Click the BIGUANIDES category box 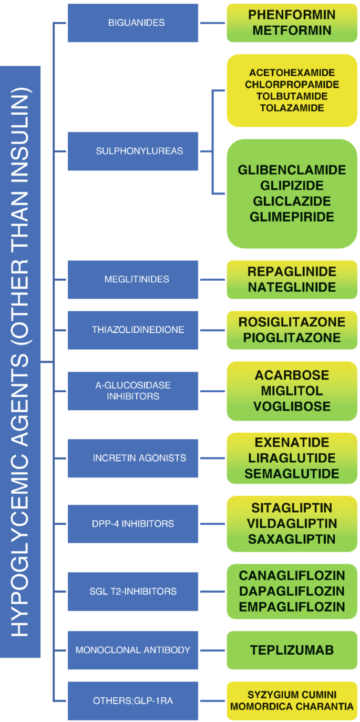click(x=133, y=23)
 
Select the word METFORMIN click(x=292, y=30)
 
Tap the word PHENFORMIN click(x=292, y=15)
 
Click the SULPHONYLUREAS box click(x=133, y=151)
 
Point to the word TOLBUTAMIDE click(x=292, y=96)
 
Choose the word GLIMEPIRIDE click(x=292, y=217)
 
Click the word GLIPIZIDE click(x=292, y=186)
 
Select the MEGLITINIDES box click(x=133, y=279)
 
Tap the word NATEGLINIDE click(x=292, y=287)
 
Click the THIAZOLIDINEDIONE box click(x=133, y=330)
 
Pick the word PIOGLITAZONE click(x=292, y=338)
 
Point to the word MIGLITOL click(x=292, y=391)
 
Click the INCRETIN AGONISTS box click(x=133, y=458)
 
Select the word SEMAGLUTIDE click(x=292, y=473)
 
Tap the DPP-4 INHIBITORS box click(x=133, y=524)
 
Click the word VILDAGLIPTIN click(x=292, y=524)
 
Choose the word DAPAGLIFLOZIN click(x=292, y=591)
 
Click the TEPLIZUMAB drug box click(x=292, y=650)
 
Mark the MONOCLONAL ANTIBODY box click(x=133, y=650)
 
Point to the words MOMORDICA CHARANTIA click(x=292, y=707)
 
